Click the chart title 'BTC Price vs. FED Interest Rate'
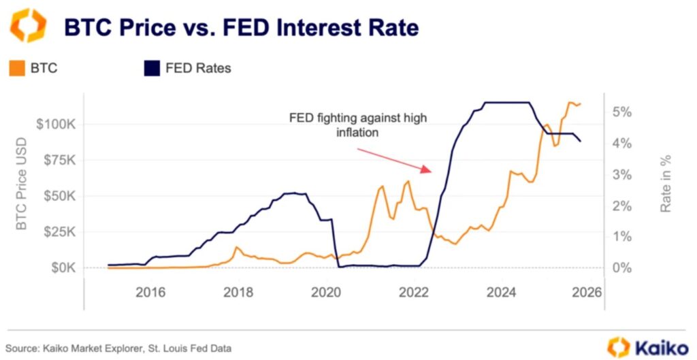tap(241, 28)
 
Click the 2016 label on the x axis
tap(150, 292)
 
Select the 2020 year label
tap(325, 292)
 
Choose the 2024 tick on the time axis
tap(500, 292)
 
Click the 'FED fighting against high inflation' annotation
tap(357, 125)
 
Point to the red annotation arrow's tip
tap(430, 171)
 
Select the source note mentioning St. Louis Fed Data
tap(118, 348)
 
